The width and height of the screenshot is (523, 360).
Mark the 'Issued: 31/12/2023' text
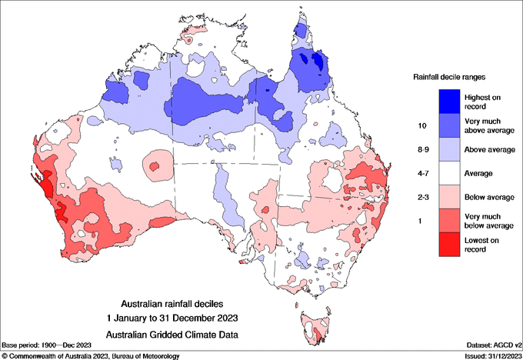click(x=492, y=355)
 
